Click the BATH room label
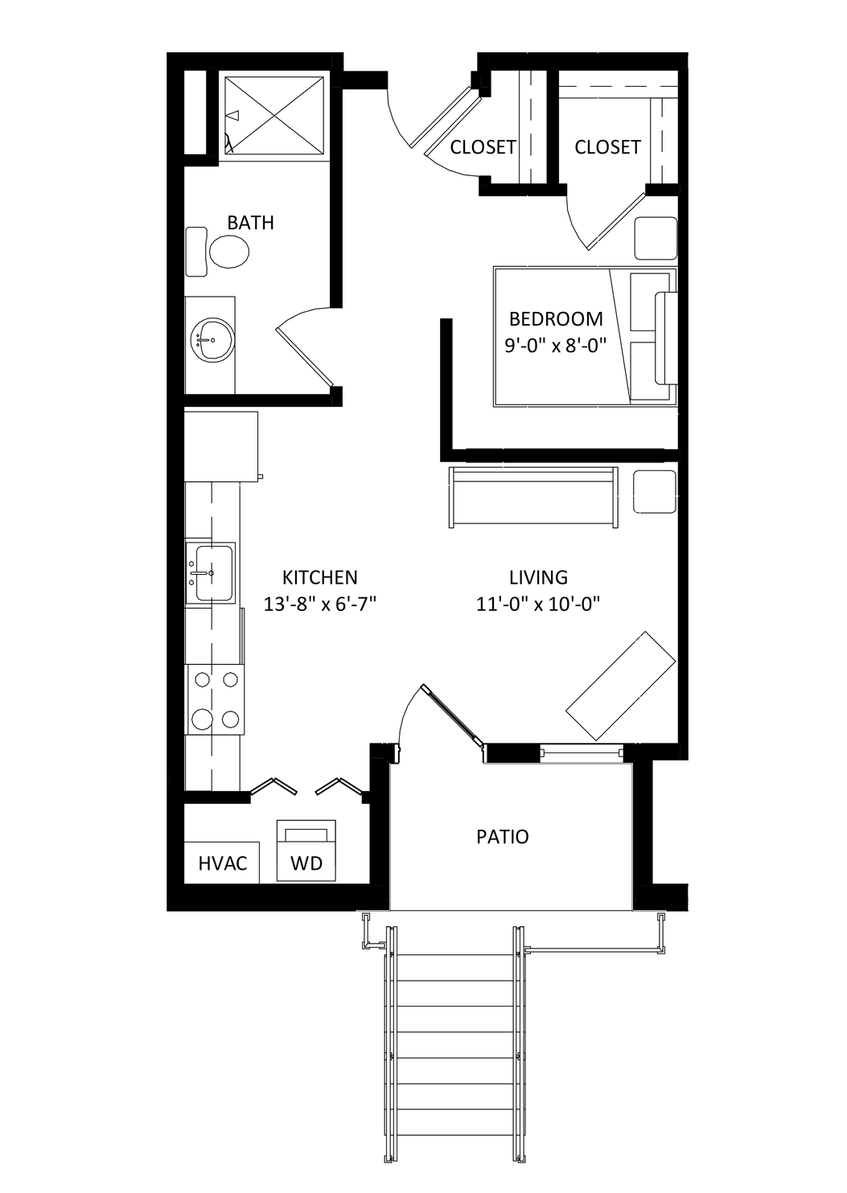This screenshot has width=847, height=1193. (250, 223)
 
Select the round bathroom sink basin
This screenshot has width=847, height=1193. (212, 340)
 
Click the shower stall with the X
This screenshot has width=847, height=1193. (274, 115)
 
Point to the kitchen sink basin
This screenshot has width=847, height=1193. (214, 573)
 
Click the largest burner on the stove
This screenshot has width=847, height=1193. (202, 719)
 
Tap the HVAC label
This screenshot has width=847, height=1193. (223, 863)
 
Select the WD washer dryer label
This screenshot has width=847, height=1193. (306, 863)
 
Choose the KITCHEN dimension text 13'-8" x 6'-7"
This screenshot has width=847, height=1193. (320, 604)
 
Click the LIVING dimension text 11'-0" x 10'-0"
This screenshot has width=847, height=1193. (538, 604)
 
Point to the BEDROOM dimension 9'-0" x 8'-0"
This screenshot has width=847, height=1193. (556, 346)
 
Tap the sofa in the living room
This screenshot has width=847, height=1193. (533, 498)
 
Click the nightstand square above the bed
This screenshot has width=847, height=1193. (655, 238)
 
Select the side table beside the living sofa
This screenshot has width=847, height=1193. (655, 491)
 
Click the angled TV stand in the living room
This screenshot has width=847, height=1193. (620, 686)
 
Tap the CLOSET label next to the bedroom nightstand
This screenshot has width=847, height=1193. (607, 147)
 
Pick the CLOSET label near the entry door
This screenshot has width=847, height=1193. (483, 147)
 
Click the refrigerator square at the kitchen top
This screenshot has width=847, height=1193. (221, 446)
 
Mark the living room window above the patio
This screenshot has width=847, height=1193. (582, 752)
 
